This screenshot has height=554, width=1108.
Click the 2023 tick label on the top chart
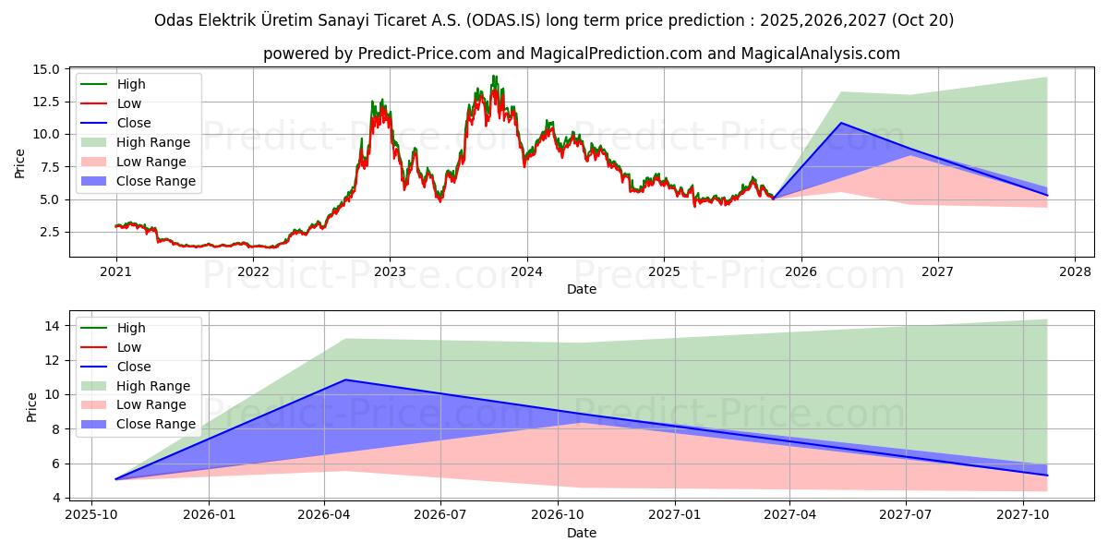390,272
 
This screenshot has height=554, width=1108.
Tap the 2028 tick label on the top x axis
1075,272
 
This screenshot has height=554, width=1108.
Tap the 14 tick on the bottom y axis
53,326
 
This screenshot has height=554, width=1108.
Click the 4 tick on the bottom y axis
56,498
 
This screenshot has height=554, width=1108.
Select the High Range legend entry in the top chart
153,142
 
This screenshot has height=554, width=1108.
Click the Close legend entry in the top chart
134,123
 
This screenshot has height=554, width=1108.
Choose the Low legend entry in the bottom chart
129,347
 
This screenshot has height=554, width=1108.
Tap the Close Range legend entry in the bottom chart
156,424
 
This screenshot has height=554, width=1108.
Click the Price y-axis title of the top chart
20,163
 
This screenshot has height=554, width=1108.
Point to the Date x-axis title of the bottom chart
582,533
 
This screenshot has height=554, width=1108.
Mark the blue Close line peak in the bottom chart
345,379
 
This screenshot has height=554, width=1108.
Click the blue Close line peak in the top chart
841,123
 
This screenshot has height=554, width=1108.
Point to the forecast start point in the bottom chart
115,479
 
